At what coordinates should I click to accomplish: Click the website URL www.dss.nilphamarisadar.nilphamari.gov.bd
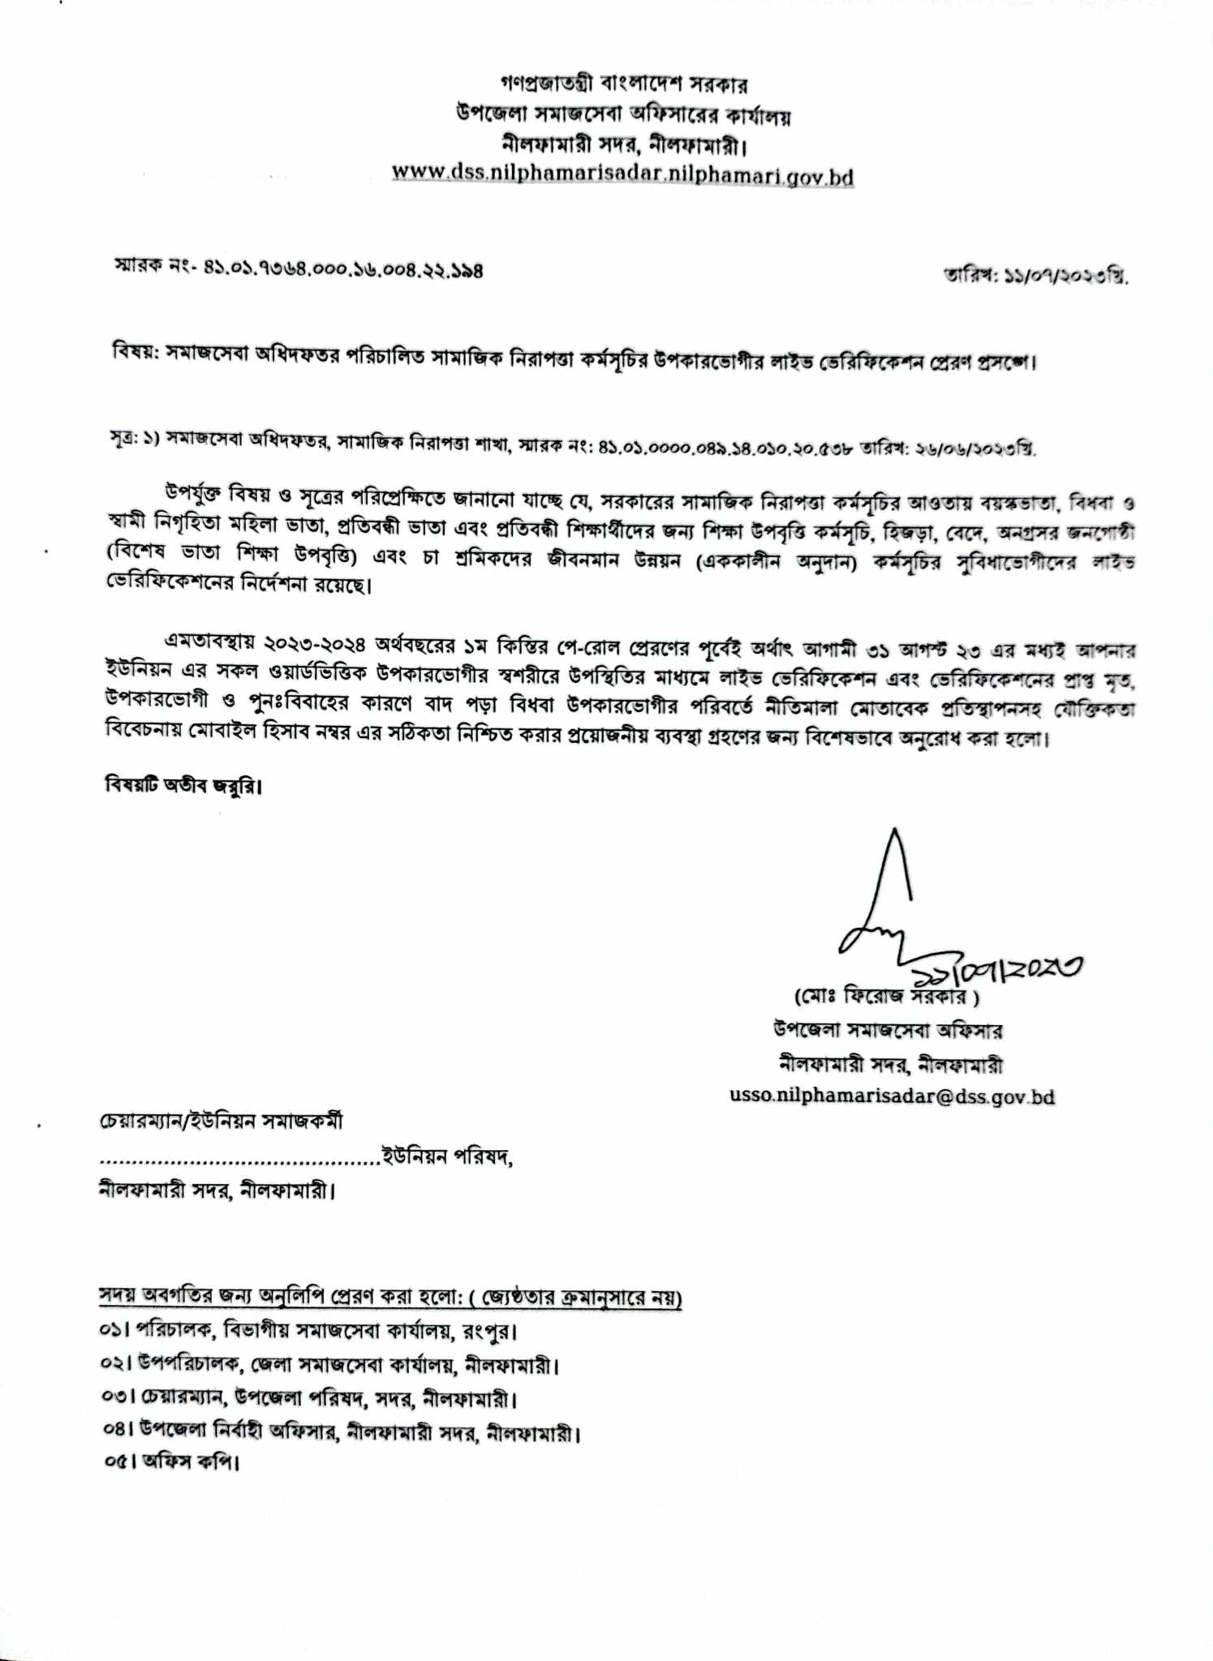622,174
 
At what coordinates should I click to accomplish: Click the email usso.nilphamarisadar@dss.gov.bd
892,1097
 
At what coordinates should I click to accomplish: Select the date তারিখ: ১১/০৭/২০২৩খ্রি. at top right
1036,276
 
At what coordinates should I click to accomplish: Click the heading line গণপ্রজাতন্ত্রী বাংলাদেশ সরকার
623,84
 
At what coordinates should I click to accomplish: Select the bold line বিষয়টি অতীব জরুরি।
184,785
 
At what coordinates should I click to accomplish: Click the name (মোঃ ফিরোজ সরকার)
886,995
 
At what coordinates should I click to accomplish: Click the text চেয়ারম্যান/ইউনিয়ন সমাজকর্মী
221,1122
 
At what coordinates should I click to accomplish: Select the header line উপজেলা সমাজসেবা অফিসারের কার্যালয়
623,115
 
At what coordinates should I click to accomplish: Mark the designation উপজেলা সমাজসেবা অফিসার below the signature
888,1031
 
